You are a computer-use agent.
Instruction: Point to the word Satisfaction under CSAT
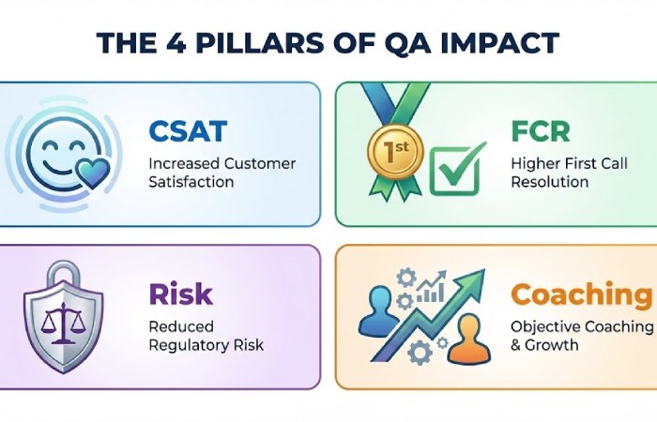point(191,181)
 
